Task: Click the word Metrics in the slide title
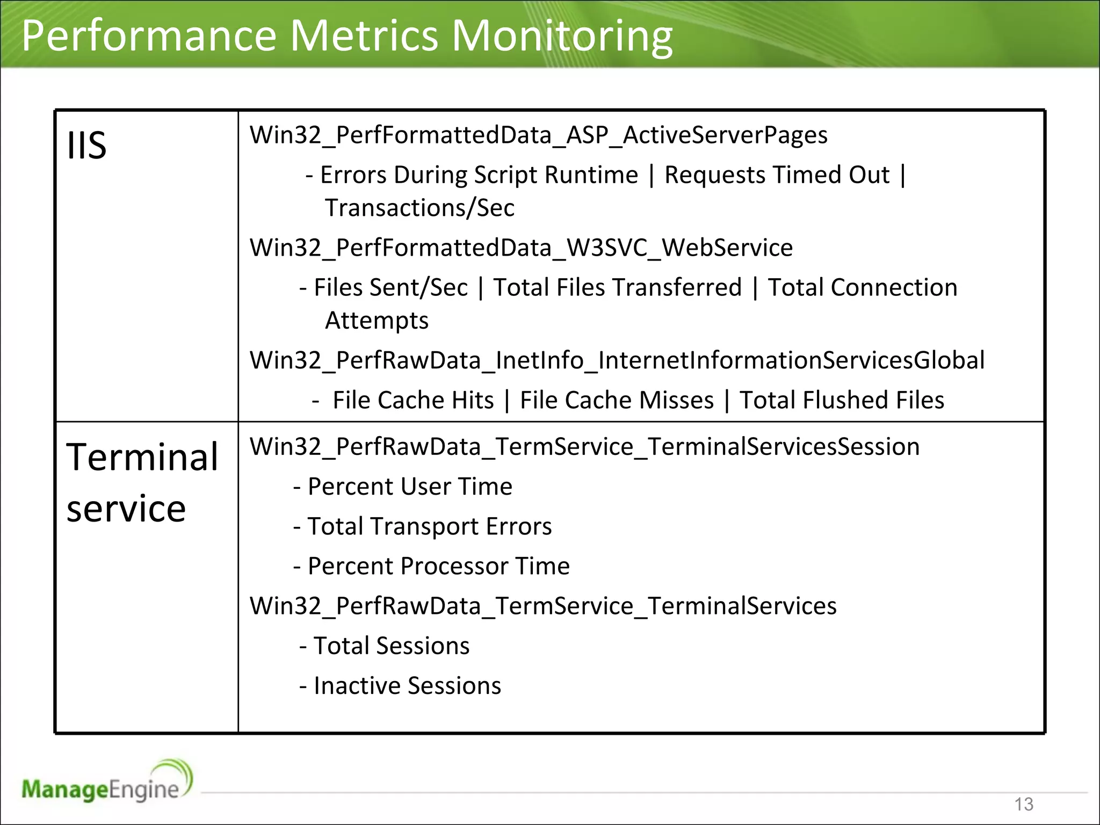364,35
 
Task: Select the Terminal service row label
142,482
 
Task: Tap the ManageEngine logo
107,783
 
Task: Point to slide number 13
1023,804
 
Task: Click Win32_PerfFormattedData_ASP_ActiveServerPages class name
538,135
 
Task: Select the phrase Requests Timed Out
777,175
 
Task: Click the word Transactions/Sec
419,208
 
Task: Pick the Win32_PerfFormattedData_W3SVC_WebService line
521,248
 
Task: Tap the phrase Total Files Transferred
617,287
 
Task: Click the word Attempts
377,321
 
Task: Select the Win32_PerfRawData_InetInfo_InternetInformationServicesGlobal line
617,360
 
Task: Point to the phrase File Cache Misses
617,400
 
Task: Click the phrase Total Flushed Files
841,400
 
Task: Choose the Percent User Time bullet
409,487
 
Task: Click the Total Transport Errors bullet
429,526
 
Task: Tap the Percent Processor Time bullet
438,566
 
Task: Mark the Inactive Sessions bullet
407,686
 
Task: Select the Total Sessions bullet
391,646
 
